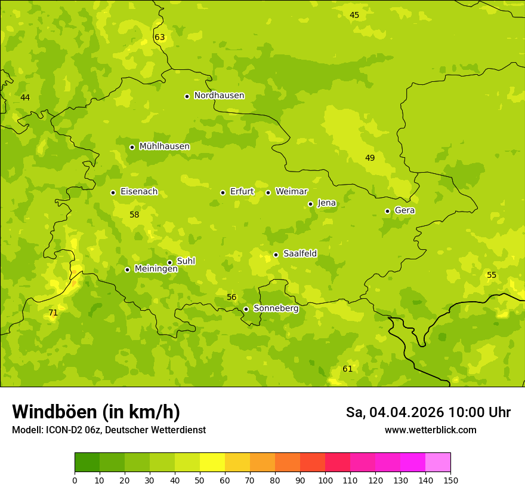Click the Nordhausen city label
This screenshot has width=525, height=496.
[x=219, y=96]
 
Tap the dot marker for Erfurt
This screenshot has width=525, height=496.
[x=223, y=192]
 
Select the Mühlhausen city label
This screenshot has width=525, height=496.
[x=164, y=146]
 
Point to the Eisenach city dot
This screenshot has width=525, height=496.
[x=113, y=192]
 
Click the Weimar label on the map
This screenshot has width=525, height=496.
[x=291, y=192]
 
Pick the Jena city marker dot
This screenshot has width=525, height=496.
[x=310, y=204]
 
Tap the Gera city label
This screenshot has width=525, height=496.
[x=404, y=210]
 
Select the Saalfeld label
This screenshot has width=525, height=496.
[x=299, y=254]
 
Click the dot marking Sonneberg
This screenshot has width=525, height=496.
[x=246, y=309]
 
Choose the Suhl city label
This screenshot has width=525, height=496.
[x=186, y=261]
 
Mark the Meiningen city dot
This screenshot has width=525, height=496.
[x=127, y=270]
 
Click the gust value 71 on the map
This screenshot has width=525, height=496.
[x=53, y=313]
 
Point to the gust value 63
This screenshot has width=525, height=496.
[x=159, y=38]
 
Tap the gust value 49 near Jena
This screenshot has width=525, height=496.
[x=370, y=158]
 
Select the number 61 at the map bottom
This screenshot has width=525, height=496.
[x=347, y=369]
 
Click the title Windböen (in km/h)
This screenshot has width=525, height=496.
[x=96, y=412]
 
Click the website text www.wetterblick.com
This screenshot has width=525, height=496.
[x=430, y=430]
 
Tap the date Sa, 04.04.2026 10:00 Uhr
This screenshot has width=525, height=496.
[x=428, y=412]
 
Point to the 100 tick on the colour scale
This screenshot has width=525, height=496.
[x=325, y=480]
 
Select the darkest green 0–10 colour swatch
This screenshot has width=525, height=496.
[x=87, y=462]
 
